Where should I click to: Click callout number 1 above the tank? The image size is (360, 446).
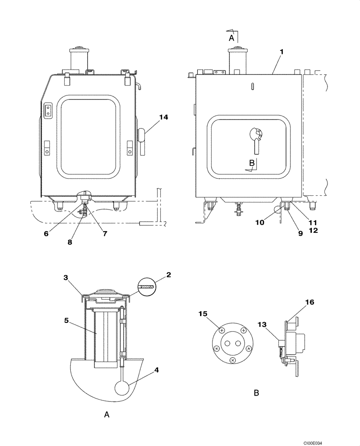[x=281, y=51]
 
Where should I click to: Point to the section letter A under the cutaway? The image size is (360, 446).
[x=106, y=415]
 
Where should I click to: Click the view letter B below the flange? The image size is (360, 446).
[x=256, y=393]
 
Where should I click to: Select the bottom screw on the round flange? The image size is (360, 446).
[x=232, y=359]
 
